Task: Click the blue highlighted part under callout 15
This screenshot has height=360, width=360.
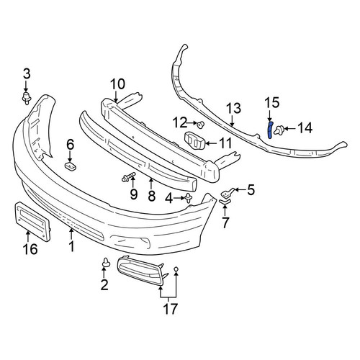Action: pos(270,130)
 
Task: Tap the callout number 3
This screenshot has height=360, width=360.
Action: pos(27,74)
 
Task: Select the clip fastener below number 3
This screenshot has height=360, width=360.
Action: pos(26,98)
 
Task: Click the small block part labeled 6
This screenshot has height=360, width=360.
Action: pos(71,166)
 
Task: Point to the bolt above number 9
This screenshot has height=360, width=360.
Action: pos(128,177)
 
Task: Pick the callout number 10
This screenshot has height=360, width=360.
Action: pos(117,84)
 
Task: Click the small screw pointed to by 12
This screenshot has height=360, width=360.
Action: pos(200,125)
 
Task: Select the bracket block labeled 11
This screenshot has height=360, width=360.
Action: pos(194,141)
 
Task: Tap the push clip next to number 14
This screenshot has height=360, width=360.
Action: pos(279,130)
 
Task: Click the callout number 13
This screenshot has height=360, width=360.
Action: pos(234,108)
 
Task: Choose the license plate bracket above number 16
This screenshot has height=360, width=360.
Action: pos(32,220)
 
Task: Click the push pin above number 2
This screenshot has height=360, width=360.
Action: pos(106,262)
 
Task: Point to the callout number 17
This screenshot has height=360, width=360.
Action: pos(170,309)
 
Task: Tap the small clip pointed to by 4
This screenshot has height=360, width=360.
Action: pos(189,198)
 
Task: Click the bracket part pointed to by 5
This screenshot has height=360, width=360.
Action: pos(227,192)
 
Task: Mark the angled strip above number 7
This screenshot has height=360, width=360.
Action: pos(225,202)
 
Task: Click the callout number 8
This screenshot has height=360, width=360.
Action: pos(151,196)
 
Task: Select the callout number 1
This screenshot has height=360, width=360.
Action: pos(71,246)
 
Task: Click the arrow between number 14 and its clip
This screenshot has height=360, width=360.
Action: pos(290,129)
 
